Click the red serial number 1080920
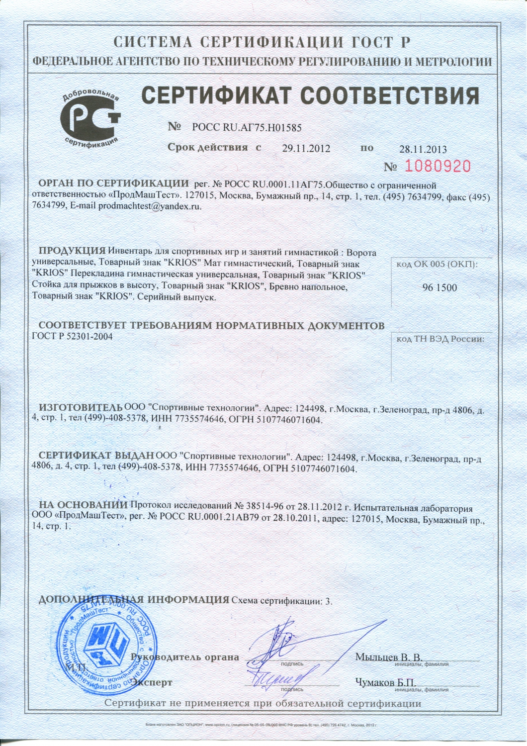click(x=437, y=166)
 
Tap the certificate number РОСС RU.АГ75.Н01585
click(x=247, y=127)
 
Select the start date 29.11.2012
click(x=306, y=148)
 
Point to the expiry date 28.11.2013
click(x=423, y=149)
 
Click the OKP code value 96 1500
click(x=439, y=287)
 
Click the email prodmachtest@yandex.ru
click(x=149, y=206)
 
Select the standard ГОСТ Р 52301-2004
click(x=72, y=336)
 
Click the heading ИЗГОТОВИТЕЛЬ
click(x=80, y=409)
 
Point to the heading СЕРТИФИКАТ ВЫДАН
click(x=96, y=455)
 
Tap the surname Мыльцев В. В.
click(x=388, y=656)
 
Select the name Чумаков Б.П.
click(x=385, y=682)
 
